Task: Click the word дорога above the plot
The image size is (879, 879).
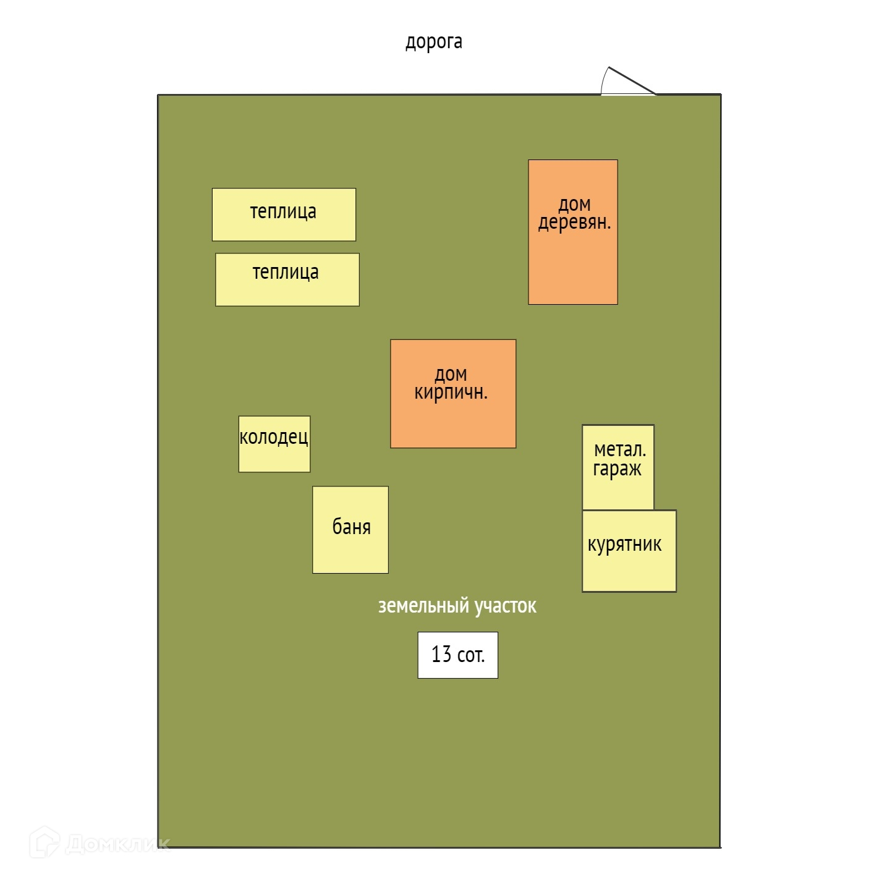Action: [x=433, y=41]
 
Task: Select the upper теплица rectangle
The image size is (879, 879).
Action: [x=284, y=214]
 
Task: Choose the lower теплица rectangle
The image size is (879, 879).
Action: [x=287, y=279]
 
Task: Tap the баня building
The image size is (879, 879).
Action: [x=350, y=530]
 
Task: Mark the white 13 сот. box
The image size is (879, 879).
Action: [x=457, y=655]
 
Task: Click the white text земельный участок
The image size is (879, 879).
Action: [x=457, y=606]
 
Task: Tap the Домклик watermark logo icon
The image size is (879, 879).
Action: [x=44, y=842]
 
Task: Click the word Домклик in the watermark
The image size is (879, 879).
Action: [x=117, y=843]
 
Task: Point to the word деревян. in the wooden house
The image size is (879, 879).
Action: [x=574, y=222]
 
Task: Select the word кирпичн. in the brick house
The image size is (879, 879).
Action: [x=451, y=392]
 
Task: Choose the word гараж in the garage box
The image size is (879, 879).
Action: [x=617, y=469]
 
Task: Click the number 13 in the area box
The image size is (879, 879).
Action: [x=441, y=654]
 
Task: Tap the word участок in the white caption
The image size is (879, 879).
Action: [x=505, y=606]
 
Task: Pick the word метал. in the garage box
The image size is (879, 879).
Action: [x=619, y=449]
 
